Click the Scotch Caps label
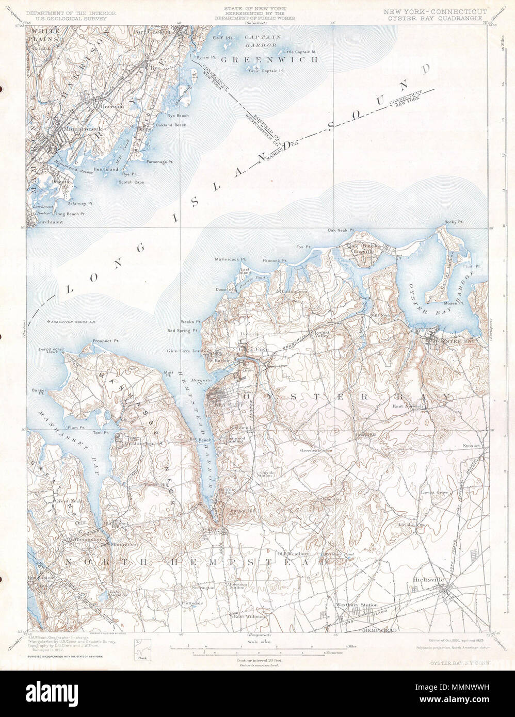pyautogui.click(x=132, y=182)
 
